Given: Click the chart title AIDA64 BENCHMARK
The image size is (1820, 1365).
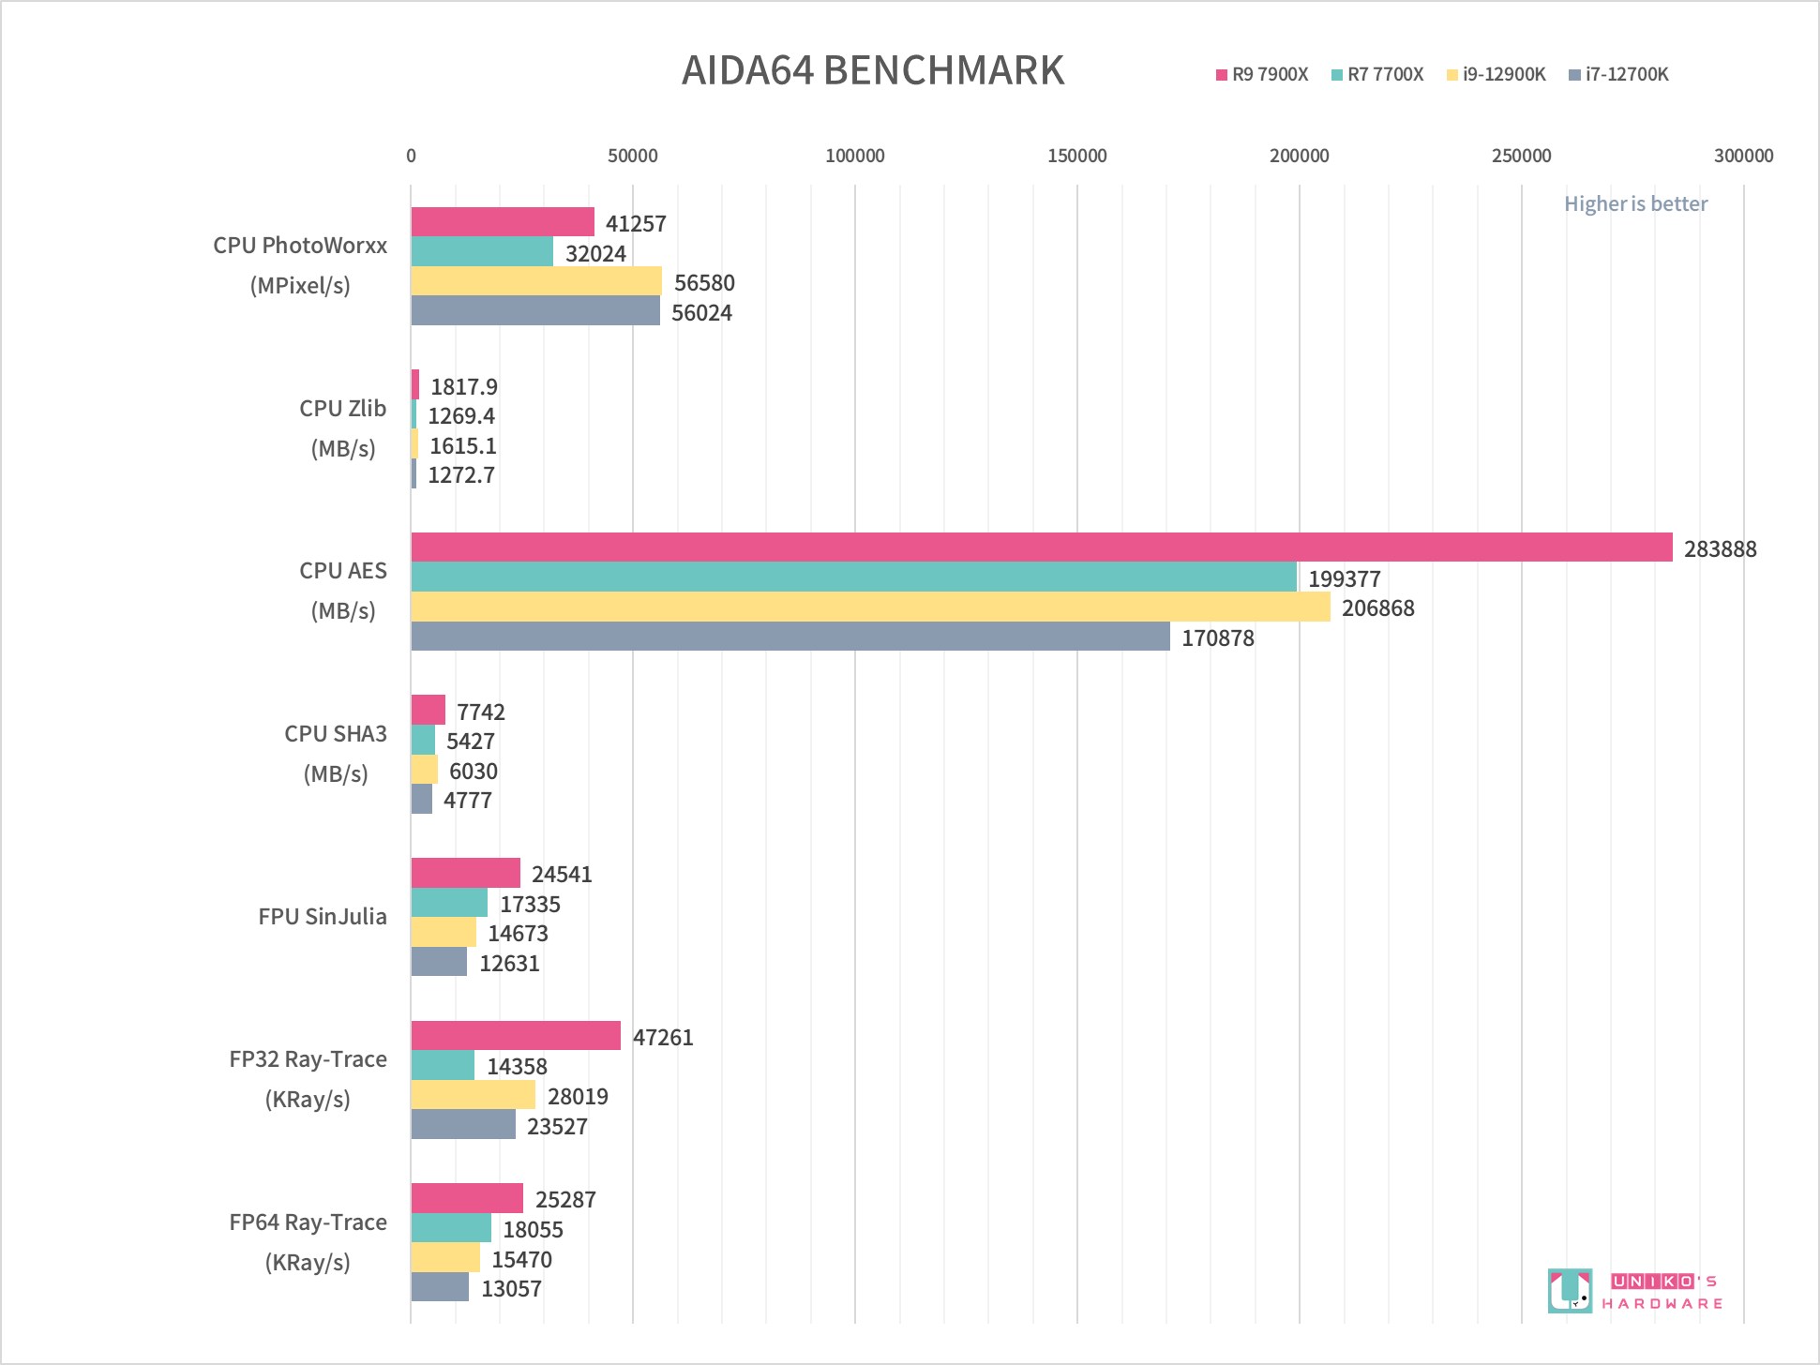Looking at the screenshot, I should point(873,71).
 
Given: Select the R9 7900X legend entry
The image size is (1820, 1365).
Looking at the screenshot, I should point(1262,75).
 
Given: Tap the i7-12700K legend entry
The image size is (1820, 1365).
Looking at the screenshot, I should point(1619,75).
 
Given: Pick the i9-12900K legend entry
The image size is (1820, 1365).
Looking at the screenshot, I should point(1497,75).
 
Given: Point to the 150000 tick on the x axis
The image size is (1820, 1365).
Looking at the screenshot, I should point(1076,157).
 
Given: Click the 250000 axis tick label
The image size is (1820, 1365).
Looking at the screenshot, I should point(1521,157).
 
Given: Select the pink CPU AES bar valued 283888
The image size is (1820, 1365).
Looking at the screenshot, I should point(1041,547).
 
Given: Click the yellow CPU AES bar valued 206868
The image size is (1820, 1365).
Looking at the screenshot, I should point(870,607).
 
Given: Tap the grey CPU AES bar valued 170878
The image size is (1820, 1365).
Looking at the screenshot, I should point(790,637).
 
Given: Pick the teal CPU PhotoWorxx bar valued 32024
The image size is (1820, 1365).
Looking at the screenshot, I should point(482,252).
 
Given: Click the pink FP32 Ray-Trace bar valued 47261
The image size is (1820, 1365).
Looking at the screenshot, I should point(516,1036).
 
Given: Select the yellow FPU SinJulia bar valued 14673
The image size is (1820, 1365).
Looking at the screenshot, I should point(444,933).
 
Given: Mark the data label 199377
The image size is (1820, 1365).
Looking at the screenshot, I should point(1344,579).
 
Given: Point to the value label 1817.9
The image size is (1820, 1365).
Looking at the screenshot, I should point(463,386).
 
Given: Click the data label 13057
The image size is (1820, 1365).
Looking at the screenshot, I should point(511,1289).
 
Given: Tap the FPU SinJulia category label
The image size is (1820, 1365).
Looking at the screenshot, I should point(322,917).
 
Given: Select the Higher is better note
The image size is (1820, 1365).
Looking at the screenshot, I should point(1635,204).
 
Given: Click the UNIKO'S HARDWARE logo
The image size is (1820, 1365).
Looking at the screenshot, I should point(1635,1291).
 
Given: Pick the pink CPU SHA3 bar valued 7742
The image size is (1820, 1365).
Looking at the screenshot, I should point(428,711).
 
